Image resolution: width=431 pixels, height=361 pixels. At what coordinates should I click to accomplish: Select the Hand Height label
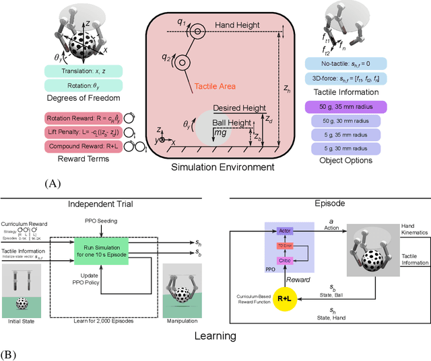237,25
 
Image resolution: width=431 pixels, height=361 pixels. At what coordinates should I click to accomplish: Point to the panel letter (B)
13,352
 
